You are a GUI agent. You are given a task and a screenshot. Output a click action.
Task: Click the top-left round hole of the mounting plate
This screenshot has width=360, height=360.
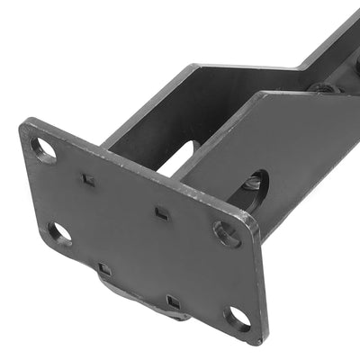(43, 148)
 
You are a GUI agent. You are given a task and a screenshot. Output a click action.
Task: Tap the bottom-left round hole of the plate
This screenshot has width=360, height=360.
(59, 233)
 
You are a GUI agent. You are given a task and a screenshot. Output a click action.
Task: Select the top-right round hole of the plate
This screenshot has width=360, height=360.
(227, 234)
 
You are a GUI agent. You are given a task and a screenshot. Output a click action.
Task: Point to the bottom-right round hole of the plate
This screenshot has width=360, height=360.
(238, 317)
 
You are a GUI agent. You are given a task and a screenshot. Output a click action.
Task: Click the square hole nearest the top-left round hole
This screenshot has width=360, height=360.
(88, 179)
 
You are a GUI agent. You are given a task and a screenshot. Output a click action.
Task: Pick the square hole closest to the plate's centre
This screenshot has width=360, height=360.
(161, 213)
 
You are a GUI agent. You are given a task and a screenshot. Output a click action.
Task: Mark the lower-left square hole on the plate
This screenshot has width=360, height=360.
(104, 268)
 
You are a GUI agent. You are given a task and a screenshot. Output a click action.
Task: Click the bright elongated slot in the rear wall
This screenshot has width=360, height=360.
(180, 158)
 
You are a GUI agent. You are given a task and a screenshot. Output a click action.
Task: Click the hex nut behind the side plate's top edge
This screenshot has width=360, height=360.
(322, 87)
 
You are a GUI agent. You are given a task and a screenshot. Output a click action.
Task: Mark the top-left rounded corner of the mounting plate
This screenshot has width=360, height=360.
(25, 124)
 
